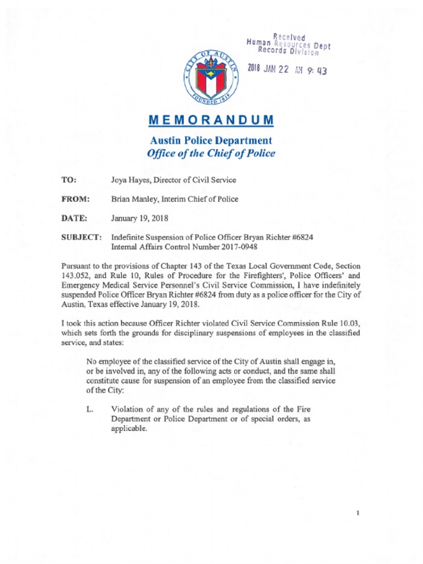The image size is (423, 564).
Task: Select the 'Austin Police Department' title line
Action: pyautogui.click(x=211, y=140)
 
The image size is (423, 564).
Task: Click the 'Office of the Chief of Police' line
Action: pyautogui.click(x=211, y=153)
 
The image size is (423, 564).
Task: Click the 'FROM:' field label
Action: pyautogui.click(x=75, y=199)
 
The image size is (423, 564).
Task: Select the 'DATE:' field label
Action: pyautogui.click(x=74, y=218)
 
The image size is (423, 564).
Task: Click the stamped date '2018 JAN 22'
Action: pyautogui.click(x=269, y=69)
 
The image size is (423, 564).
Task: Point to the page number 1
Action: pyautogui.click(x=358, y=513)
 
